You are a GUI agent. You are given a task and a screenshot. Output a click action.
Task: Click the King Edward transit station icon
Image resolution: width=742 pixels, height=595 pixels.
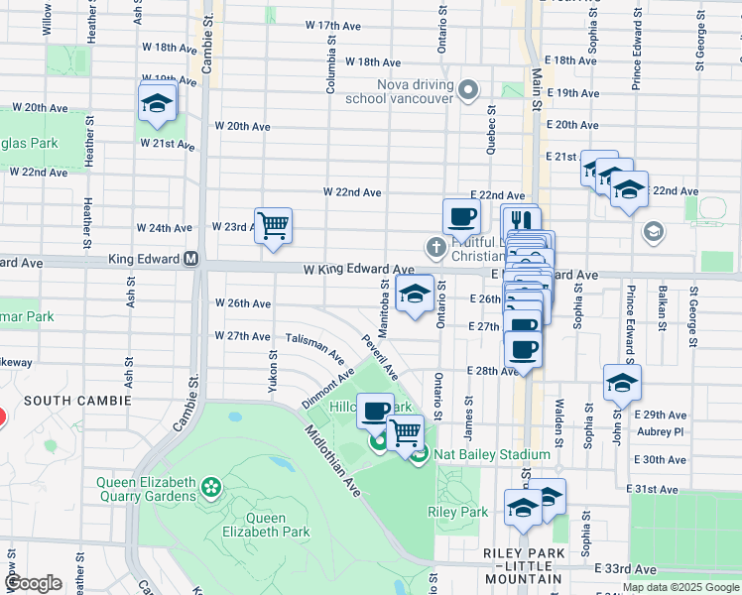coord(192,259)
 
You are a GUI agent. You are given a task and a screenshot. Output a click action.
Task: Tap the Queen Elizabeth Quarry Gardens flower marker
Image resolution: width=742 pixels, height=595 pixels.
coord(210,487)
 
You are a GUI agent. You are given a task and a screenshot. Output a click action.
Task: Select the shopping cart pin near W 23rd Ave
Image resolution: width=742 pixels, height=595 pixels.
coord(273,224)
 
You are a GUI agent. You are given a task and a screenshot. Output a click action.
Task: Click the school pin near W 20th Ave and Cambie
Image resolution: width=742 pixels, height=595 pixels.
coord(157,103)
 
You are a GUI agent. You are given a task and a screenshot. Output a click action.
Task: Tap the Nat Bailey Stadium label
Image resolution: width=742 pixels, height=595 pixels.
coord(471,455)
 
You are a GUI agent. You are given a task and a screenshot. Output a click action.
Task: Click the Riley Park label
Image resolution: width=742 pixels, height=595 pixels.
coord(457,512)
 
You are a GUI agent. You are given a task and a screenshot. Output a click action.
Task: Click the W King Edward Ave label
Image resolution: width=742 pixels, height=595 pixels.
coord(358,269)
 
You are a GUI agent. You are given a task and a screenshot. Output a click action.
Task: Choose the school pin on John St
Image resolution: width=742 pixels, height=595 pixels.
coord(622,382)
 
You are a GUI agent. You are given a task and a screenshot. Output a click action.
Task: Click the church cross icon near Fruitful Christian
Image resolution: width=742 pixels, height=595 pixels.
coord(434,245)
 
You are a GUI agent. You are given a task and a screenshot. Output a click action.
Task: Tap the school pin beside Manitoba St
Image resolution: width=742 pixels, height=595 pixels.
coord(415,293)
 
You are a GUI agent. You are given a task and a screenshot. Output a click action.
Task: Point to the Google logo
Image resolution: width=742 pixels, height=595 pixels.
coord(33,583)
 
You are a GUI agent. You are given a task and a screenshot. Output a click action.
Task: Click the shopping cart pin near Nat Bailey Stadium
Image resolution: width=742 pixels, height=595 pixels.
coord(406,432)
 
